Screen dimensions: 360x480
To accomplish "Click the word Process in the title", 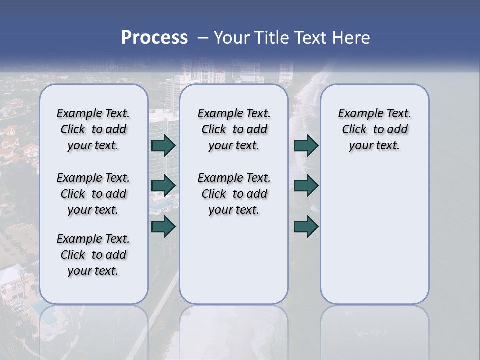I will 154,38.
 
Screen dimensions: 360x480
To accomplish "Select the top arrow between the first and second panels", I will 163,145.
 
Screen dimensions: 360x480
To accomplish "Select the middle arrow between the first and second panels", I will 163,186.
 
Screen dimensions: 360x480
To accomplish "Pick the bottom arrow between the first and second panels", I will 163,226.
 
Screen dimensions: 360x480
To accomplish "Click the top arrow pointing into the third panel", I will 306,145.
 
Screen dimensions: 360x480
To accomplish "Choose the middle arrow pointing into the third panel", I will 306,186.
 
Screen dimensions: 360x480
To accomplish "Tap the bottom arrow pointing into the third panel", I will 306,226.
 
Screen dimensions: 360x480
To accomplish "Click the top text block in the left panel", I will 93,129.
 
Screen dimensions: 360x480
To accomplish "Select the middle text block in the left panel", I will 93,194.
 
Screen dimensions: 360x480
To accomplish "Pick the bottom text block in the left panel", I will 93,255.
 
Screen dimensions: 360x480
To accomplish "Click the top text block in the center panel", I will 234,129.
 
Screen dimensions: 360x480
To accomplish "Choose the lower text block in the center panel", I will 234,194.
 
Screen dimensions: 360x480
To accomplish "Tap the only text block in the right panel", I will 375,129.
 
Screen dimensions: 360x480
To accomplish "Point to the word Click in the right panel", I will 354,130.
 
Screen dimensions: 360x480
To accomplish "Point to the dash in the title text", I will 202,38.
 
